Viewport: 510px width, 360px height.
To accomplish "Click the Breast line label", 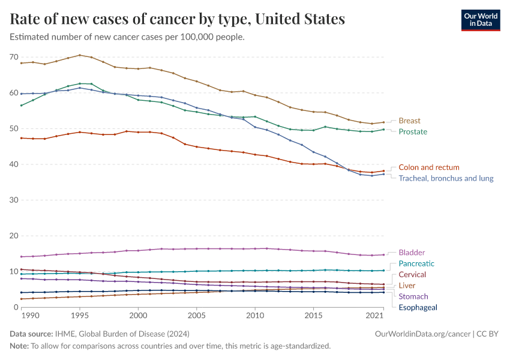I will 410,121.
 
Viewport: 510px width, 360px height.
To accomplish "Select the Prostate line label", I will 413,131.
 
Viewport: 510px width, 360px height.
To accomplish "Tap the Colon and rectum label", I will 428,167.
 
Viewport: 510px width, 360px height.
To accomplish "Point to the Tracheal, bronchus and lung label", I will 446,178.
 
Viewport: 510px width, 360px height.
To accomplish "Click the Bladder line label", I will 412,253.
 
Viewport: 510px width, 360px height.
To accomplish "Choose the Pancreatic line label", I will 416,263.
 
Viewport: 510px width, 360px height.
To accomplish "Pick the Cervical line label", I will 412,274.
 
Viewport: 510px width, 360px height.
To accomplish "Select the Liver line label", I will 407,286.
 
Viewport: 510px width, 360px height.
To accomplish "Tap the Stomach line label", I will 413,296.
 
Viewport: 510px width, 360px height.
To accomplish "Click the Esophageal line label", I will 418,307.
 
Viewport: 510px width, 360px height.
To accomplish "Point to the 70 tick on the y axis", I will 14,57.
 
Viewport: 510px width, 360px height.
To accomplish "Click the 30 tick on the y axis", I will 14,200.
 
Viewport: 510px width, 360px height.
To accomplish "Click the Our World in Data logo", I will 480,20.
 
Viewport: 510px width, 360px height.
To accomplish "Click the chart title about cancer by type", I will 178,19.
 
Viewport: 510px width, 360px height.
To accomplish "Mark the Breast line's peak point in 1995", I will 80,55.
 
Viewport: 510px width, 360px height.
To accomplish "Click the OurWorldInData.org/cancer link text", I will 415,333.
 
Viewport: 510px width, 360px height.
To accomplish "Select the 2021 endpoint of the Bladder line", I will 384,254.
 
